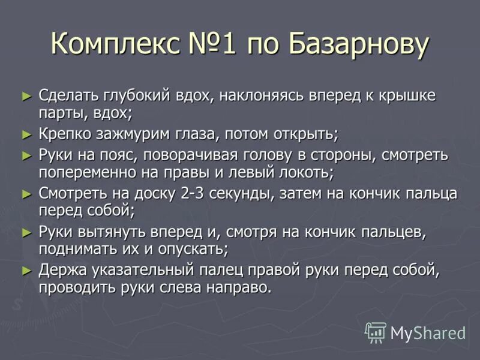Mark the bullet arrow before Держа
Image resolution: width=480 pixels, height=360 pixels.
click(x=26, y=270)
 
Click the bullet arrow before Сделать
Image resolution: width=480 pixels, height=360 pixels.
click(x=26, y=95)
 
